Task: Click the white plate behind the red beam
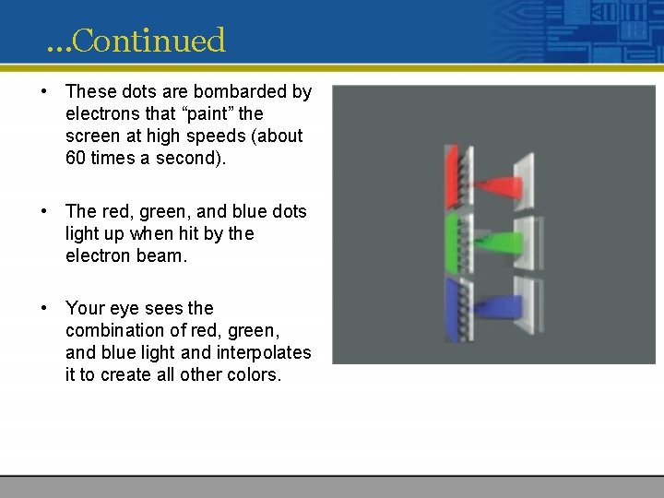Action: click(x=526, y=181)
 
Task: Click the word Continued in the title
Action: click(x=148, y=41)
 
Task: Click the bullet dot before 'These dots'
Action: click(x=44, y=92)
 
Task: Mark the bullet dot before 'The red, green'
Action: click(x=44, y=212)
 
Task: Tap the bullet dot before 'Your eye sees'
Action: click(x=44, y=309)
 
